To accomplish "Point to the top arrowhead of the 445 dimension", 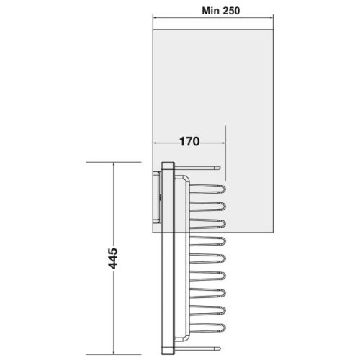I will coord(114,166).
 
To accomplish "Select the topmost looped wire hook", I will coord(209,190).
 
